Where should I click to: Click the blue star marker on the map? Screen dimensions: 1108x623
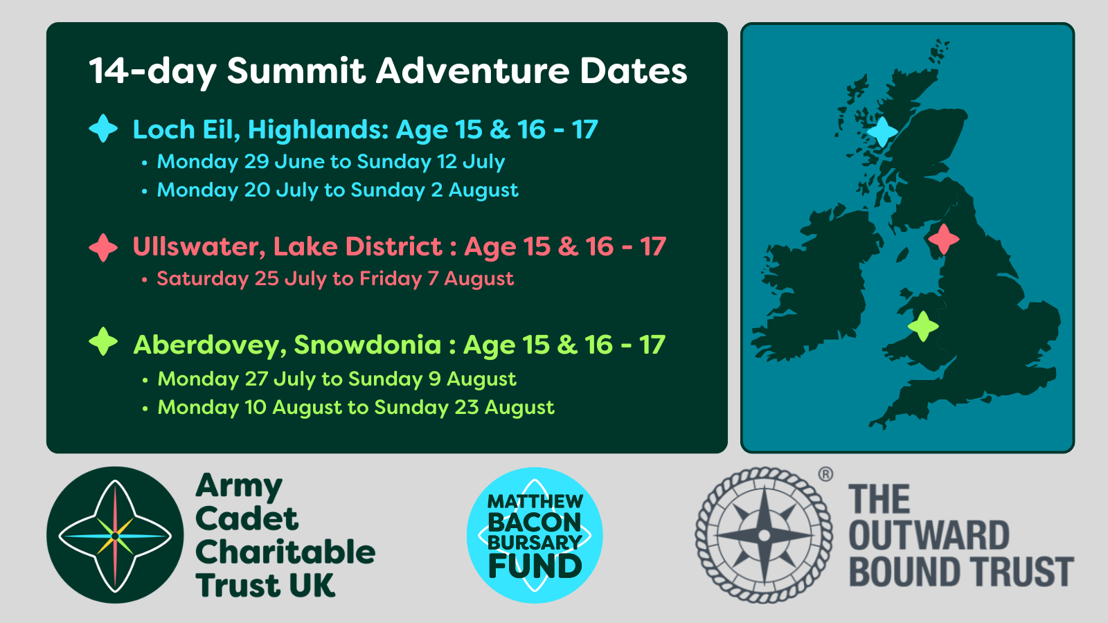pos(882,132)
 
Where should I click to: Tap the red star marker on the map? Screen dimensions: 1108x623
pos(944,240)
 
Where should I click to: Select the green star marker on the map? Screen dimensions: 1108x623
pos(923,326)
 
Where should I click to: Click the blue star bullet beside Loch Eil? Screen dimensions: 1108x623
pos(103,129)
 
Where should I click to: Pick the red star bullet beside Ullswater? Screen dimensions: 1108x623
pos(103,247)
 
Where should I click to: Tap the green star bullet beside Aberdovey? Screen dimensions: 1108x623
pos(103,342)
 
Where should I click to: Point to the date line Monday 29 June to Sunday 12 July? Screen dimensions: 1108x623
pos(331,162)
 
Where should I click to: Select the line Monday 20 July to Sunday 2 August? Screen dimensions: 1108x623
pos(337,190)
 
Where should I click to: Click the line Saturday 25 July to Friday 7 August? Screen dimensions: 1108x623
pos(335,278)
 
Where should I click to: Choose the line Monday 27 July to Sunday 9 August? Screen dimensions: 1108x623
pos(337,379)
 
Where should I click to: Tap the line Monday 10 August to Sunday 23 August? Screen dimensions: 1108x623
pos(356,408)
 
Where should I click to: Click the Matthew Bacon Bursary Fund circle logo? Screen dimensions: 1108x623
pos(535,535)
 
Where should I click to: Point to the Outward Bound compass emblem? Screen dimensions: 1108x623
pos(765,535)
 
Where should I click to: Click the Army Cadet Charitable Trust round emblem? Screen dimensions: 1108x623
pos(115,535)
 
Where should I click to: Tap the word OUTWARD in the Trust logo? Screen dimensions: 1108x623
pos(929,536)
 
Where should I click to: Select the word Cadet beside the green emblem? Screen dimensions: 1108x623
pos(247,518)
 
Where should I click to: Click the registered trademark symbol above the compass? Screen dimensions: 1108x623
pos(825,475)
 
